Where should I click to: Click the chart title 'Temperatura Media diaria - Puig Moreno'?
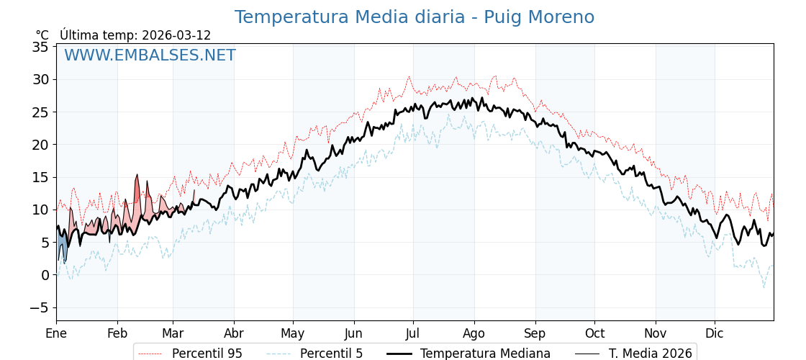[414, 17]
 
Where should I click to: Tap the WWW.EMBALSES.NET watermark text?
[150, 55]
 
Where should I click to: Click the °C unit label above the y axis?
[42, 35]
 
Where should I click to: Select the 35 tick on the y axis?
[40, 47]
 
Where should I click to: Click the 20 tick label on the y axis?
[40, 145]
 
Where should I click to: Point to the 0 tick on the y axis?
[45, 275]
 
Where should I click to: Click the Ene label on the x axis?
[56, 333]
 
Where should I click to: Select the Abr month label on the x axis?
[234, 333]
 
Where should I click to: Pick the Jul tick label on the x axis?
[413, 333]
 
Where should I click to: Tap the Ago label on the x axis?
[474, 333]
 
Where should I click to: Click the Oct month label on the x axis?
[594, 333]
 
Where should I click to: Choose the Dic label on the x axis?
[715, 333]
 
